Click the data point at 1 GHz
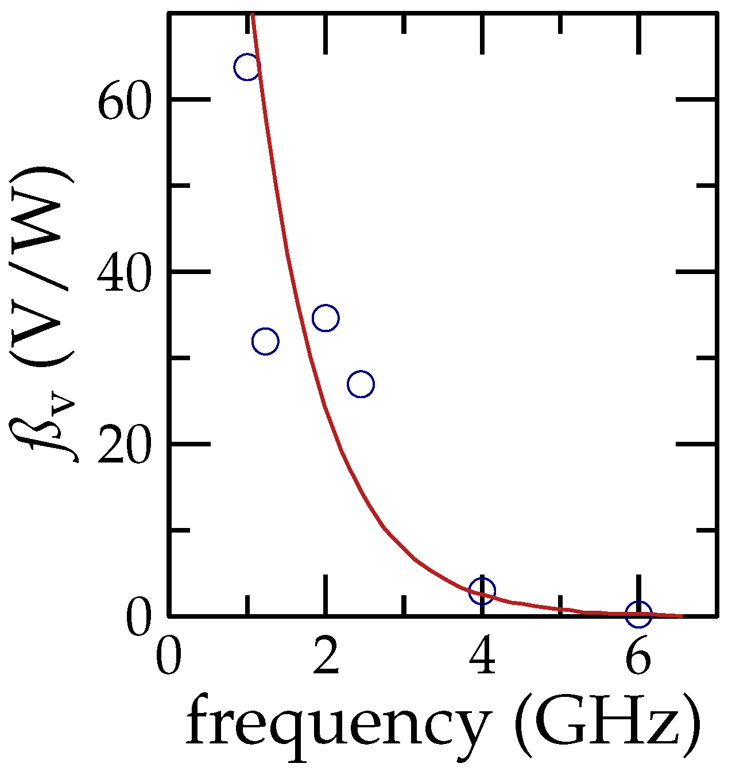(x=247, y=67)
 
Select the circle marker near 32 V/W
(x=265, y=341)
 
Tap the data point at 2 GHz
(x=326, y=318)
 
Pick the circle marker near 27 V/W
(x=361, y=384)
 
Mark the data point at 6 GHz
(x=638, y=614)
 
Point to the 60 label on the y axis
(x=125, y=104)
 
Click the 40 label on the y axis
(x=125, y=275)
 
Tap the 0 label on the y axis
(x=140, y=619)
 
